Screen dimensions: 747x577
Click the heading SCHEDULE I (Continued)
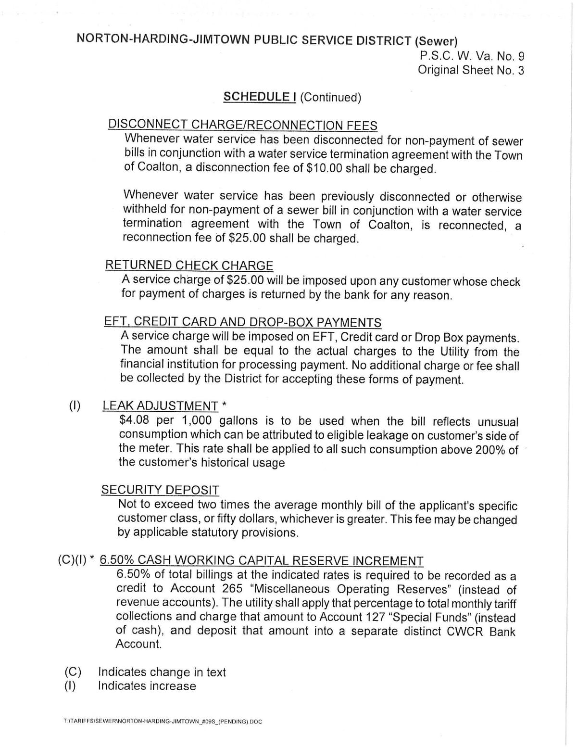click(292, 97)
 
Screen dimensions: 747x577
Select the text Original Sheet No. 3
click(471, 70)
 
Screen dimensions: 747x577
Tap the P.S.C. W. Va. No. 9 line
click(472, 56)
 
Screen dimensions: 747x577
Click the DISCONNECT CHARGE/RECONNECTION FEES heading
click(242, 125)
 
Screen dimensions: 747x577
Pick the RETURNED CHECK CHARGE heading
click(189, 266)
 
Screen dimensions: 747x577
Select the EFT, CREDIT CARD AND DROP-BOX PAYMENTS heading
click(242, 322)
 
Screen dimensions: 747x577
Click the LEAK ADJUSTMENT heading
click(160, 406)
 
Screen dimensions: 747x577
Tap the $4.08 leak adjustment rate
click(134, 420)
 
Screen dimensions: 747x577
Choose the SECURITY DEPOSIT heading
click(160, 490)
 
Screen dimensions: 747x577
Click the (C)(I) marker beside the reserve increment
click(72, 560)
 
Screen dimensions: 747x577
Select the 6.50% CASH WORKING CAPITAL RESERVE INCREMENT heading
click(261, 561)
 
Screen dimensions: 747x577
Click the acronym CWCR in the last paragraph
click(465, 632)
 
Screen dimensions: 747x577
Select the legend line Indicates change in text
click(162, 672)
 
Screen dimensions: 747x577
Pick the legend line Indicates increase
click(147, 686)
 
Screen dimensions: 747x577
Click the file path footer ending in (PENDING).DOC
click(162, 722)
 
